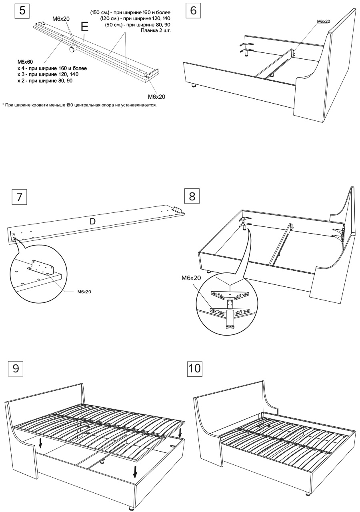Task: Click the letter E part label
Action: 84,27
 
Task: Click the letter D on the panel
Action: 92,220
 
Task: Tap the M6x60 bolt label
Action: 24,62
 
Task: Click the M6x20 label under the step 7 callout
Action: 84,292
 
